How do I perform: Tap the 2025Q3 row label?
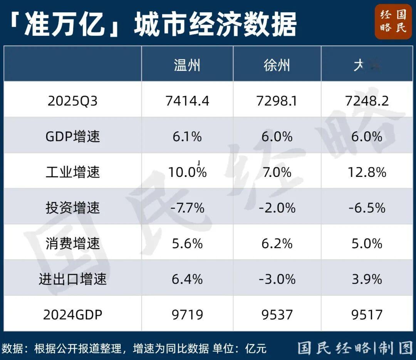(72, 101)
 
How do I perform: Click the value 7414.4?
(187, 101)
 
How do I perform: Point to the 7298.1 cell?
(277, 101)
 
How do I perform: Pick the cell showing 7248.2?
(367, 101)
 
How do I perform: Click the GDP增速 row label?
(72, 137)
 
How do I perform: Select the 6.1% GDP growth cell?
(187, 137)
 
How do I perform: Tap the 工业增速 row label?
(72, 172)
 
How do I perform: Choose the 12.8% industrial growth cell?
(367, 172)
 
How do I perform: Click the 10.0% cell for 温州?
(187, 172)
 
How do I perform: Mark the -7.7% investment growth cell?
(187, 208)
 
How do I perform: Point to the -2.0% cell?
(277, 208)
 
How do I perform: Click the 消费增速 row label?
(72, 244)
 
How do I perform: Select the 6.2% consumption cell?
(277, 244)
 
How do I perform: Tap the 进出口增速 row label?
(72, 279)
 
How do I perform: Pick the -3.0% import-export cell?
(277, 279)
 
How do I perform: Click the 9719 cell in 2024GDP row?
(187, 315)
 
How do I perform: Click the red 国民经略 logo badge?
(393, 22)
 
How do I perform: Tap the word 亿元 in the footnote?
(256, 348)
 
